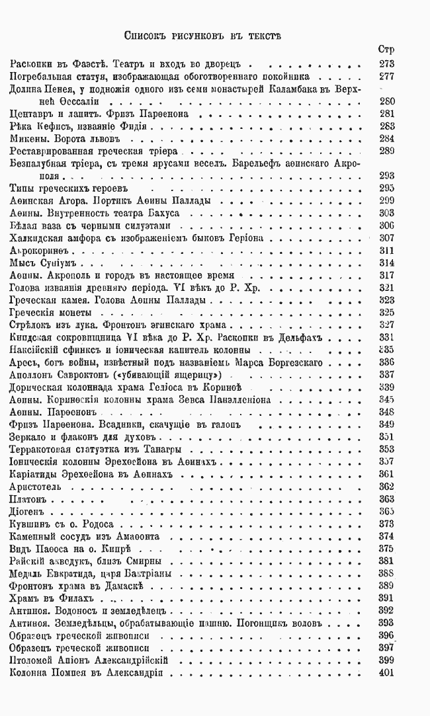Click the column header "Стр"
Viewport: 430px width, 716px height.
click(386, 50)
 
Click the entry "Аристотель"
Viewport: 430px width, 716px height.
click(36, 487)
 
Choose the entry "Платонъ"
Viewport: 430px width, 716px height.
click(31, 498)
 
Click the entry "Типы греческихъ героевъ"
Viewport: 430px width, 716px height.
click(59, 188)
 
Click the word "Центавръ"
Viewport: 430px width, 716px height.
click(32, 114)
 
